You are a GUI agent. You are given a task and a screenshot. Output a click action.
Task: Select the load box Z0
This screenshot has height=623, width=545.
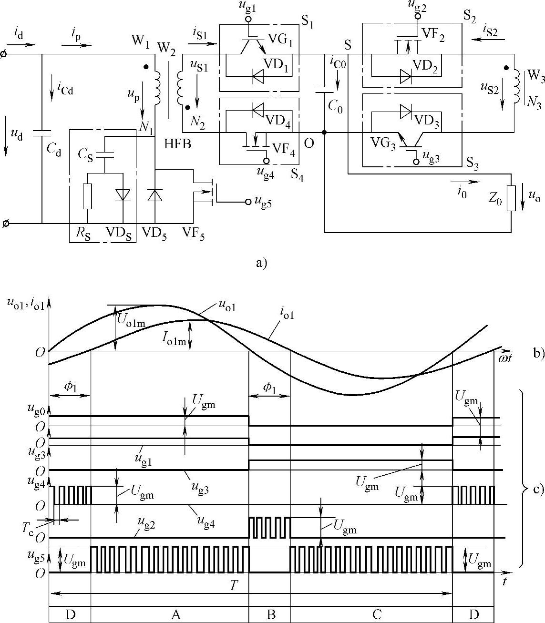click(511, 198)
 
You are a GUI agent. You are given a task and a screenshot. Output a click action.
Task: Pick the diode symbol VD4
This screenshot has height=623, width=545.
click(258, 111)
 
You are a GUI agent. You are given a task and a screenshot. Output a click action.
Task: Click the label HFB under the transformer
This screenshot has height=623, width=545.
click(177, 143)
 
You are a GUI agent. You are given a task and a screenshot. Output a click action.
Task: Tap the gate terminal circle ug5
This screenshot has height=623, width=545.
click(248, 202)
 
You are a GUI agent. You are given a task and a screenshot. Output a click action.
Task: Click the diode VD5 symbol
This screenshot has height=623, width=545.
click(155, 196)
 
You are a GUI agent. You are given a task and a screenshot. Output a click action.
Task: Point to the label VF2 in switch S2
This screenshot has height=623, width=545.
click(433, 36)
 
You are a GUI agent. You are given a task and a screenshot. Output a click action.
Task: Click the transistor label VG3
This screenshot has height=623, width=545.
click(385, 143)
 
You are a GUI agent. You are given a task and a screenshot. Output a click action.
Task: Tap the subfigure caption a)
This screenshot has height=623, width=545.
click(262, 263)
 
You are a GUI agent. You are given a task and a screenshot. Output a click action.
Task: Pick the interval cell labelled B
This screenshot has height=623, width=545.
click(270, 614)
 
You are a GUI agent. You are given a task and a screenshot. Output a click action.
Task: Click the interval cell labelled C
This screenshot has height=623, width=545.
click(377, 614)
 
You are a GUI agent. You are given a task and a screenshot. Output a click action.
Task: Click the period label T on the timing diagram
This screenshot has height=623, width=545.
click(234, 586)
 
